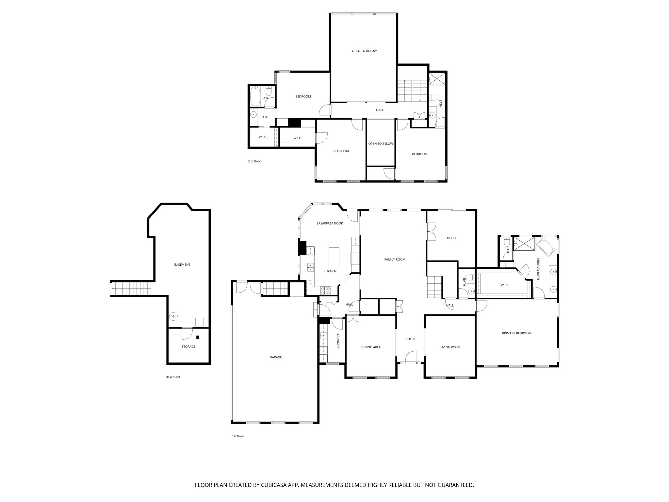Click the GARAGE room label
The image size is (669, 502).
coord(275,357)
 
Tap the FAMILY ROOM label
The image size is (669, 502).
coord(395,259)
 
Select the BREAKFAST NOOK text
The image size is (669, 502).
coord(330,223)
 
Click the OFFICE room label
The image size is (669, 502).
coord(452,238)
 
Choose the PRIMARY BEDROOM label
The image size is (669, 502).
coord(516,333)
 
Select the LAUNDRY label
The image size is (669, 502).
coord(338,341)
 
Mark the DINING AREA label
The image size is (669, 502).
coord(371,347)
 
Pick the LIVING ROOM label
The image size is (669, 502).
coord(450,347)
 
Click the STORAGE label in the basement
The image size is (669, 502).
coord(188,346)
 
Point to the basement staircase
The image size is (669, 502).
coord(132,289)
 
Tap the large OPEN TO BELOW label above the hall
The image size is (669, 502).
coord(364,51)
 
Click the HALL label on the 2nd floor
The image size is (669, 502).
coord(380,110)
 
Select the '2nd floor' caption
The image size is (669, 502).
coord(254,161)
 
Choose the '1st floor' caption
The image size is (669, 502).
coord(238,436)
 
